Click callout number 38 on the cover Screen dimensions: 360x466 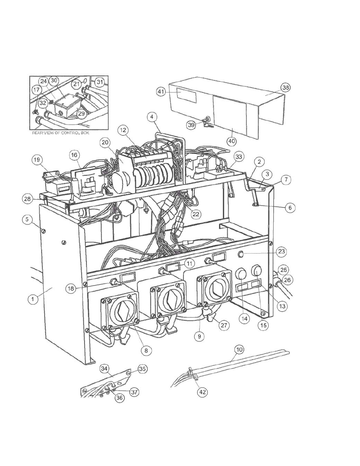pyautogui.click(x=286, y=88)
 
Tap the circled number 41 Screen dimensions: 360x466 pyautogui.click(x=161, y=92)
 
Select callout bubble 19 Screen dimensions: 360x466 pyautogui.click(x=37, y=160)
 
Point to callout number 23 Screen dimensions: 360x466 pyautogui.click(x=282, y=251)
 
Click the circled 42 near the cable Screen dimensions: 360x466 pyautogui.click(x=203, y=392)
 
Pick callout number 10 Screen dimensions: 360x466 pyautogui.click(x=240, y=349)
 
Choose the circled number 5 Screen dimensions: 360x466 pyautogui.click(x=27, y=219)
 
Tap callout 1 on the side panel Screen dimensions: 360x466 pyautogui.click(x=32, y=299)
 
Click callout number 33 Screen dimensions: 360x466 pyautogui.click(x=238, y=157)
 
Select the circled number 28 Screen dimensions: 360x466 pyautogui.click(x=28, y=199)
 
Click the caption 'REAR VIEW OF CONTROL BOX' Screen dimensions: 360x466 pyautogui.click(x=61, y=133)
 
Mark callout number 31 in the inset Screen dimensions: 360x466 pyautogui.click(x=100, y=82)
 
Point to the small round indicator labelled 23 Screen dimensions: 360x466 pyautogui.click(x=241, y=255)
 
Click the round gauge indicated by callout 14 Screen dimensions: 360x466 pyautogui.click(x=240, y=274)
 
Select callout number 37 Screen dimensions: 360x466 pyautogui.click(x=134, y=392)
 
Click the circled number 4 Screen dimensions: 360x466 pyautogui.click(x=152, y=117)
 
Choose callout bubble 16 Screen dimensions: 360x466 pyautogui.click(x=74, y=155)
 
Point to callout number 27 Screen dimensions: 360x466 pyautogui.click(x=224, y=325)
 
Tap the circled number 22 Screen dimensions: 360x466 pyautogui.click(x=196, y=214)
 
